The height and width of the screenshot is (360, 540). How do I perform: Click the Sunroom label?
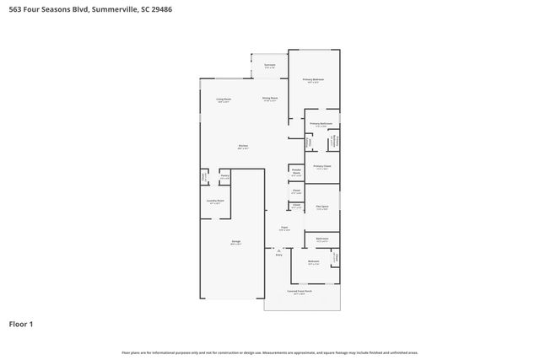[269, 65]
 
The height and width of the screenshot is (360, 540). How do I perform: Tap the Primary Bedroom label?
[314, 81]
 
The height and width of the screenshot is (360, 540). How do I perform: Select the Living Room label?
[224, 99]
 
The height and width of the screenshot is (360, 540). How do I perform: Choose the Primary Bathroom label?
[321, 125]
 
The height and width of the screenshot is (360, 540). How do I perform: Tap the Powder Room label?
[296, 173]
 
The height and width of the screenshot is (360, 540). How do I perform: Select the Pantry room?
[225, 177]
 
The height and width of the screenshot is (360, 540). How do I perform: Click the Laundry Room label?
[215, 201]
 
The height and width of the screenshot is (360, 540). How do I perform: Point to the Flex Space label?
[321, 207]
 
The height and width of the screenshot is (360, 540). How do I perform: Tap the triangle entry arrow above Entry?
[278, 249]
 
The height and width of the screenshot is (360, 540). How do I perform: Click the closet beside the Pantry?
[203, 177]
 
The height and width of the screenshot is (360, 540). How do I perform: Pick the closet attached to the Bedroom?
[335, 258]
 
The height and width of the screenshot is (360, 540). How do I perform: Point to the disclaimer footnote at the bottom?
[270, 353]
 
